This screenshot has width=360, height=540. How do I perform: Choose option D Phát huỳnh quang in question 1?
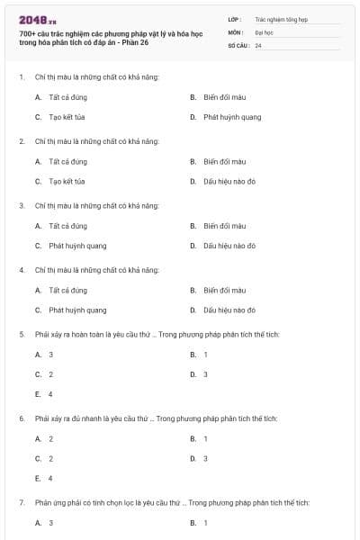pyautogui.click(x=232, y=117)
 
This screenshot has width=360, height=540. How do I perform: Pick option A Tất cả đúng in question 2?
pyautogui.click(x=68, y=161)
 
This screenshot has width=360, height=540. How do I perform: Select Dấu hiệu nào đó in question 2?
pyautogui.click(x=229, y=181)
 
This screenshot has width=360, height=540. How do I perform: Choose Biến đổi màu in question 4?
pyautogui.click(x=224, y=290)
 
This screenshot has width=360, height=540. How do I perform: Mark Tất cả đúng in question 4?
pyautogui.click(x=68, y=290)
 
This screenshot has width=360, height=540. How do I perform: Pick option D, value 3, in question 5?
pyautogui.click(x=205, y=374)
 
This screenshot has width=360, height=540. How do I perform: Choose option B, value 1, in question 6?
pyautogui.click(x=205, y=438)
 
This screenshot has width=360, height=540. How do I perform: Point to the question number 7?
pyautogui.click(x=21, y=502)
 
